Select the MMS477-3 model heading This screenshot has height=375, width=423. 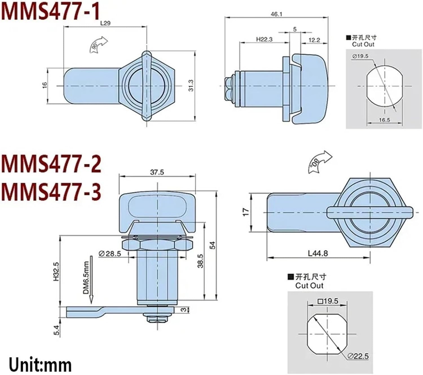[51, 192]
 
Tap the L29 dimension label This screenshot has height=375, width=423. [105, 23]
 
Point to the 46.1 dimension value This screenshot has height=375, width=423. [276, 14]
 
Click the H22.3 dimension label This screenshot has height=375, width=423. [264, 39]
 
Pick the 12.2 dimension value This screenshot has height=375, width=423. [314, 40]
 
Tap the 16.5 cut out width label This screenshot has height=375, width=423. [384, 120]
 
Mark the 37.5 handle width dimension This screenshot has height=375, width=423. [157, 172]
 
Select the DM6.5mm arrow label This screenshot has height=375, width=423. [86, 278]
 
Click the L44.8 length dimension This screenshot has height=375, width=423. [318, 253]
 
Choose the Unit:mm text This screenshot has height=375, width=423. [40, 365]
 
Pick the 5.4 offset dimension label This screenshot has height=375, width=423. [57, 330]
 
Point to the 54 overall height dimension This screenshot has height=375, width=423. [213, 245]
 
